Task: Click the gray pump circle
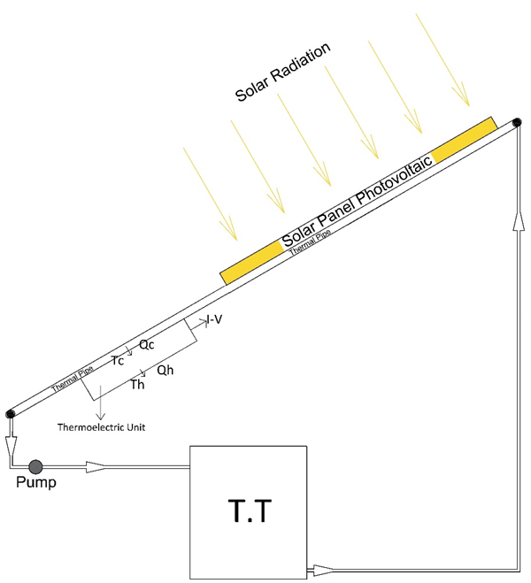click(35, 465)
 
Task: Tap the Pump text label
click(35, 483)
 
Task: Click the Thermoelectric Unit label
click(101, 427)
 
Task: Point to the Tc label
click(118, 360)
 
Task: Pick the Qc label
click(148, 348)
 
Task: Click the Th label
click(137, 385)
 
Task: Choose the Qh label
click(165, 372)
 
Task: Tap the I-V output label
click(215, 319)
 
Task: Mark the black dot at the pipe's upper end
click(517, 121)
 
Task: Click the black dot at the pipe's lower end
click(10, 413)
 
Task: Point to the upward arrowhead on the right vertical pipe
click(515, 225)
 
